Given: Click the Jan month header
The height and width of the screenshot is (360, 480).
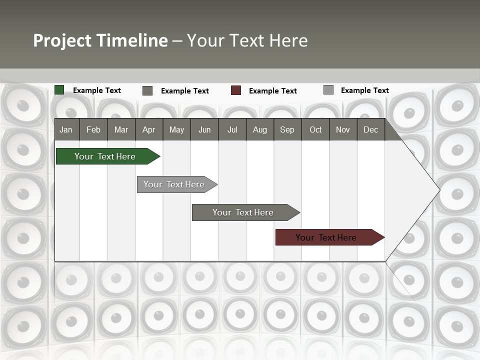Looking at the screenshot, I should click(x=66, y=129).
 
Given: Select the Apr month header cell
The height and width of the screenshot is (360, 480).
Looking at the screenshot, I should click(x=148, y=129).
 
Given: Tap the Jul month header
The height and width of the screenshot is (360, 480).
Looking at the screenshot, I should click(x=232, y=129).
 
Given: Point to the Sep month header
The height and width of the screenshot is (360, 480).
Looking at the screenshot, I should click(x=287, y=129).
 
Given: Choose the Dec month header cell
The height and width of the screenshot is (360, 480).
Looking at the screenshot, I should click(x=370, y=129).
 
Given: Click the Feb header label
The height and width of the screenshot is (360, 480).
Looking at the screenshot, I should click(x=93, y=129).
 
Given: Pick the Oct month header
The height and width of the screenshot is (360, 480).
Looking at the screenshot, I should click(x=315, y=129).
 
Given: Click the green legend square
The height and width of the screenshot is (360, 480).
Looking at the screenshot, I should click(x=59, y=90).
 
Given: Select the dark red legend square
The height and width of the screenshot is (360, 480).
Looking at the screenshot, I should click(x=236, y=90).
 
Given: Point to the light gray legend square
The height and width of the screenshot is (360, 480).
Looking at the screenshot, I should click(x=328, y=90).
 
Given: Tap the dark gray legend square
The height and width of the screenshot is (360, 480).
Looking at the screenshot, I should click(x=147, y=90).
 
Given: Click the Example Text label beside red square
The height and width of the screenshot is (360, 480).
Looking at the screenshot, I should click(x=272, y=91).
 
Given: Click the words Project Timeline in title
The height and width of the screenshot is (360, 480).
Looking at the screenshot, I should click(x=100, y=40).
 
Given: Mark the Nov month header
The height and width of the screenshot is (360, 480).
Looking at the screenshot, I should click(x=343, y=129).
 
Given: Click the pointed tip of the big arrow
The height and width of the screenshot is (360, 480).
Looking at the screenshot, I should click(x=438, y=190).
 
